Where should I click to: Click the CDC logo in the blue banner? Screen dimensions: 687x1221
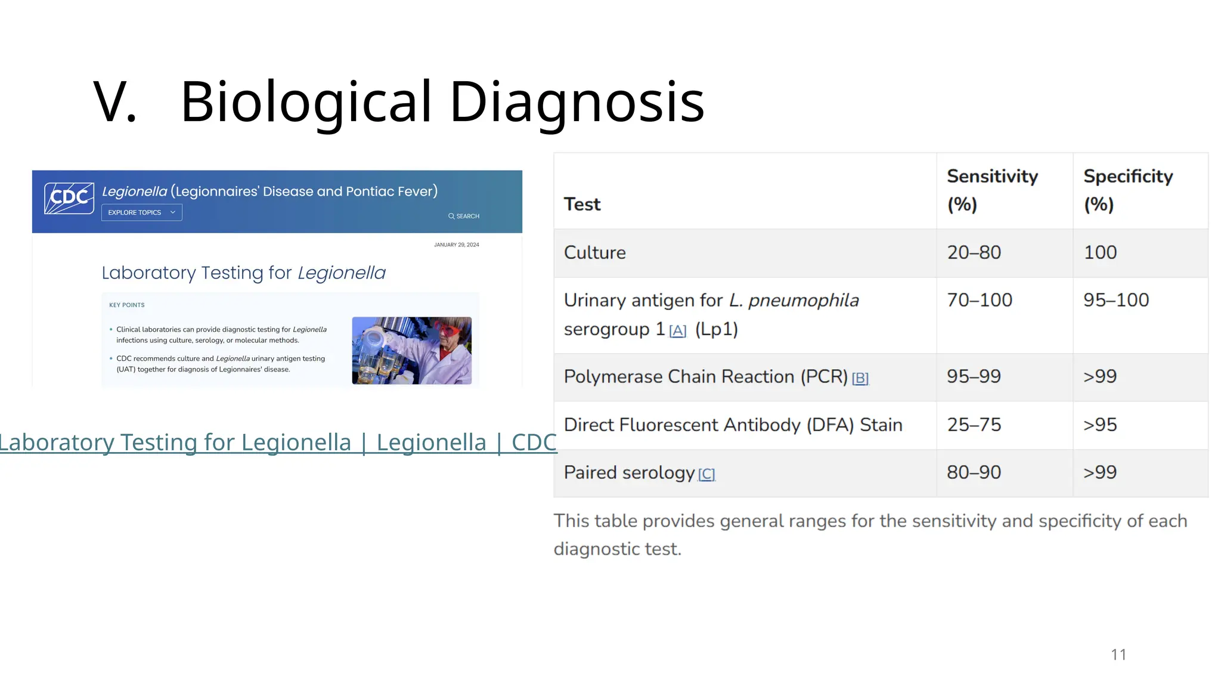(x=69, y=198)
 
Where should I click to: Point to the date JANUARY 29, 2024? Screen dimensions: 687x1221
(x=456, y=245)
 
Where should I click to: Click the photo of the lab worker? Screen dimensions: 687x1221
(x=411, y=351)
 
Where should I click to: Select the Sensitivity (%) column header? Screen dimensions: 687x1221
(x=992, y=190)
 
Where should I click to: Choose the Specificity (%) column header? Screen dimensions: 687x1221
(x=1127, y=190)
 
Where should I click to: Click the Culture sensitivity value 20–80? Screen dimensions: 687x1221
(x=974, y=253)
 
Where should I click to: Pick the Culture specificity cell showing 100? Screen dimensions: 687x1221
(x=1100, y=253)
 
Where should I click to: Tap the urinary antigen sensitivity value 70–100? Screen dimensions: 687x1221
(x=980, y=301)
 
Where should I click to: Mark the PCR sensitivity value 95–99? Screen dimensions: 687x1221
(x=974, y=377)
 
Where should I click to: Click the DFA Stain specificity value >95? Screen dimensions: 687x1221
(x=1100, y=425)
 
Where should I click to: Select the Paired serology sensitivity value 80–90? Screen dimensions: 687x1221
(x=974, y=473)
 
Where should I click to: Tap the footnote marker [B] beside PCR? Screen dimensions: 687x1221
(x=860, y=379)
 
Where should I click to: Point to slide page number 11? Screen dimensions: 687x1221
(x=1118, y=655)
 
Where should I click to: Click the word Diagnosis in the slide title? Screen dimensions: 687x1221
(x=577, y=102)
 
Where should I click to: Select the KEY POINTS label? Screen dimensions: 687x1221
(x=126, y=305)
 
